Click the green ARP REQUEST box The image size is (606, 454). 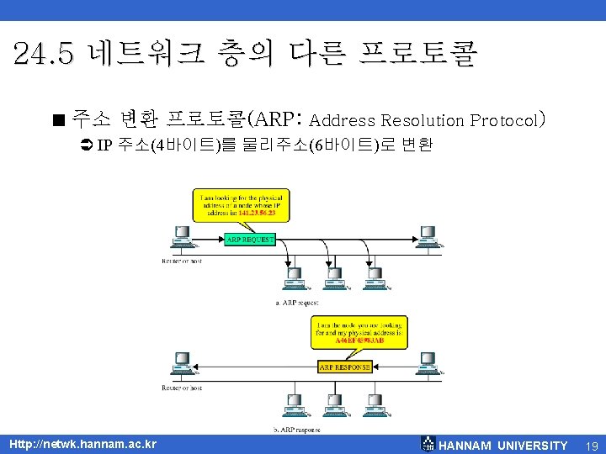[250, 240]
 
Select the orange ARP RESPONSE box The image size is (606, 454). [345, 367]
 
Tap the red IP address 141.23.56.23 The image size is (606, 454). [258, 214]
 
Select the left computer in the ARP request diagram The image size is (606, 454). [179, 238]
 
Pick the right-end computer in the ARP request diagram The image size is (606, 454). [428, 237]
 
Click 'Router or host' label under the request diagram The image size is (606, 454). [182, 261]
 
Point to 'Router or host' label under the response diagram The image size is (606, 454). [182, 388]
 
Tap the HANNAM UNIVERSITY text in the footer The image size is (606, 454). [503, 445]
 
